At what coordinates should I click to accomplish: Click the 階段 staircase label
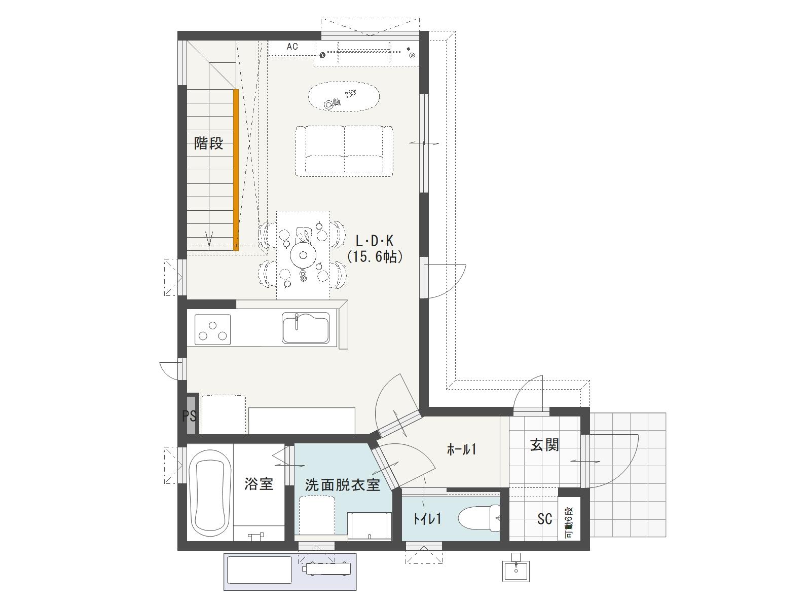pos(209,143)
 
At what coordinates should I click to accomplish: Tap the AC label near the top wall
pos(292,47)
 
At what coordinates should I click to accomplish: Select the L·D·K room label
pos(374,241)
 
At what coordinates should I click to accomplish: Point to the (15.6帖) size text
pos(374,256)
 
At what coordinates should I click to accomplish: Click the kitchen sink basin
pos(306,328)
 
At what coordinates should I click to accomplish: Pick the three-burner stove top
pos(212,330)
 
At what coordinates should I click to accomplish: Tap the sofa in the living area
pos(344,150)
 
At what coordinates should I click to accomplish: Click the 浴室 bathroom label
pos(259,483)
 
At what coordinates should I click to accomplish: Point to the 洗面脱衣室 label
pos(343,485)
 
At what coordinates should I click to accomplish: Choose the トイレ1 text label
pos(427,519)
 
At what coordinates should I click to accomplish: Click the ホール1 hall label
pos(461,449)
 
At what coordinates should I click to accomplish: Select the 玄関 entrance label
pos(544,445)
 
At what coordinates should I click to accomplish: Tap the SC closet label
pos(544,519)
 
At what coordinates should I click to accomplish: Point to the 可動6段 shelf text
pos(569,522)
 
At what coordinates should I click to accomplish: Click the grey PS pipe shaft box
pos(191,415)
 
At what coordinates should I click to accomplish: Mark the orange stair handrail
pos(236,170)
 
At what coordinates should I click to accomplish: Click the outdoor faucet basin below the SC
pos(516,571)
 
